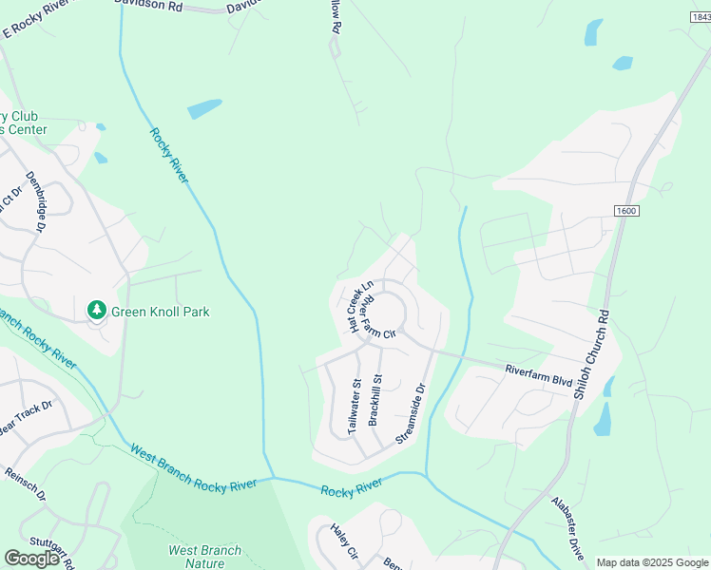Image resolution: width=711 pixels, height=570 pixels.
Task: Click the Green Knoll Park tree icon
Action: pos(96,310)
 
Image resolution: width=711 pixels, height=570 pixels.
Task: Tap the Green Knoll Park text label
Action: pos(160,312)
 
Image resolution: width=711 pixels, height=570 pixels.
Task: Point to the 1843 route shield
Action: pos(698,17)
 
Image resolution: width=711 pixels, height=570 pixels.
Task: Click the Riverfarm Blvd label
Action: pos(538,375)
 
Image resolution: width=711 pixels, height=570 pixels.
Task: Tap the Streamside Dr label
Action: pos(410,413)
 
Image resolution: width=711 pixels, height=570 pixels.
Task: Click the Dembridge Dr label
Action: pos(36,200)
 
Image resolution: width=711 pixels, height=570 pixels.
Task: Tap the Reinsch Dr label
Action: pos(25,484)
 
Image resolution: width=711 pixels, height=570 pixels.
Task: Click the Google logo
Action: pos(32,558)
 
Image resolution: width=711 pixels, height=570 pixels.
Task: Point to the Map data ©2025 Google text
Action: pos(652,562)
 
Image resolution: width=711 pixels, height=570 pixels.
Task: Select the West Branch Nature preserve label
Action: pos(204,557)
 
